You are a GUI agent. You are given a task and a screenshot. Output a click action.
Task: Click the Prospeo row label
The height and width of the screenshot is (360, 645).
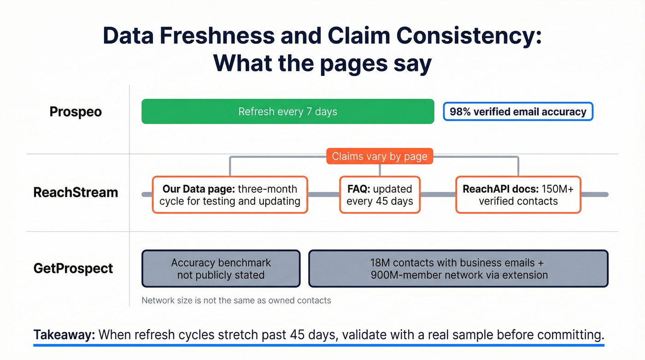point(76,112)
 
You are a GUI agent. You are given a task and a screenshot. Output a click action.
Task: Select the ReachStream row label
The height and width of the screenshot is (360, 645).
point(76,192)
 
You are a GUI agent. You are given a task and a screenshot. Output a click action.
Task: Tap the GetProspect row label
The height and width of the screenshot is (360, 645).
point(73,268)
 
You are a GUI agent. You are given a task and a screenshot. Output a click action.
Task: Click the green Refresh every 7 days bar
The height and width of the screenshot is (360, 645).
point(287,112)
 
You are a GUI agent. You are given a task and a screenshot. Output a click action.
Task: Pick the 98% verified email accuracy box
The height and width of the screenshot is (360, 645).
point(518,112)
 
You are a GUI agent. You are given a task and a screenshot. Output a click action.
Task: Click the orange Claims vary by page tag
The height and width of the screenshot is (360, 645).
point(380,156)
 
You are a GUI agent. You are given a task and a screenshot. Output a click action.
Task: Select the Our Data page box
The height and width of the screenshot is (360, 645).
point(230,195)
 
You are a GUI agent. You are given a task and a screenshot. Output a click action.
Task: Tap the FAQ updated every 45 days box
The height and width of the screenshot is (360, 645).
point(380,195)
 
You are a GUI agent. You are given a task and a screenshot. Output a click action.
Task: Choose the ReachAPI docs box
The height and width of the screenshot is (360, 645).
point(518,195)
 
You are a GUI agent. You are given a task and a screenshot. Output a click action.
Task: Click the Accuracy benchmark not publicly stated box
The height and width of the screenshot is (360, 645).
point(221,269)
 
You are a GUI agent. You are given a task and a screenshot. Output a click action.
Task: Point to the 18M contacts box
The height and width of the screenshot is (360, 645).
point(458,269)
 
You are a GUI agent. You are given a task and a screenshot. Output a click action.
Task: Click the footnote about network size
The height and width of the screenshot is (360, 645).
point(236,301)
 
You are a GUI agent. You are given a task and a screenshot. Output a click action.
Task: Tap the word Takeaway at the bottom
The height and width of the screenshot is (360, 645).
point(64,335)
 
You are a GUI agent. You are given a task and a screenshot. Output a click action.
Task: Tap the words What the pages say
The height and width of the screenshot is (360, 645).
point(322,64)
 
